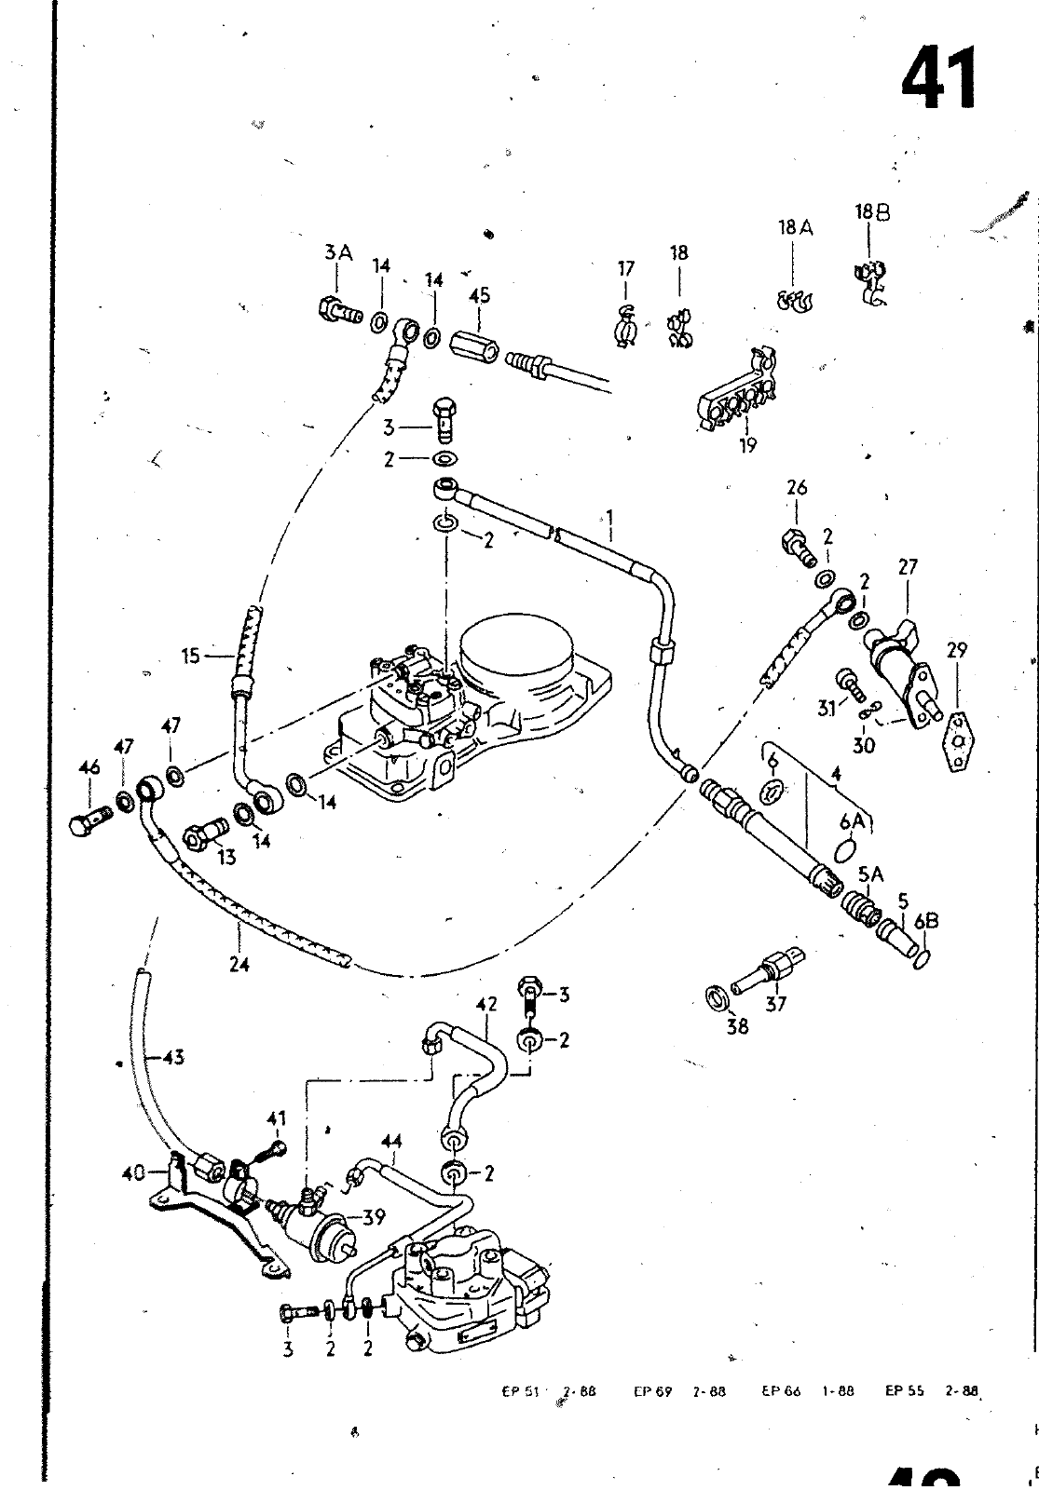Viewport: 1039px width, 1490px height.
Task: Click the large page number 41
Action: tap(939, 77)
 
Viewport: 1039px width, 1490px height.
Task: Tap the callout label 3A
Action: tap(338, 251)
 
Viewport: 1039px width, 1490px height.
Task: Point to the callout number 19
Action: tap(747, 445)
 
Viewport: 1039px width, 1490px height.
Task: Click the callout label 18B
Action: tap(871, 213)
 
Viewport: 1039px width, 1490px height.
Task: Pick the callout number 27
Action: tap(909, 567)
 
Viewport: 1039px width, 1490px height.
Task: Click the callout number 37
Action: tap(775, 1003)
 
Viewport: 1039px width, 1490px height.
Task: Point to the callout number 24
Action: tap(239, 965)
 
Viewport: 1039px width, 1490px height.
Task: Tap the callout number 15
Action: tap(191, 657)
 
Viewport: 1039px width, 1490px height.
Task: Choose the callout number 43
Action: tap(172, 1056)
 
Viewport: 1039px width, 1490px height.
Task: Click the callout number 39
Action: tap(374, 1217)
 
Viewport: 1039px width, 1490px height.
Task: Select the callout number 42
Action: tap(486, 1004)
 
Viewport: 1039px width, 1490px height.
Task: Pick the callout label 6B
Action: tap(925, 921)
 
